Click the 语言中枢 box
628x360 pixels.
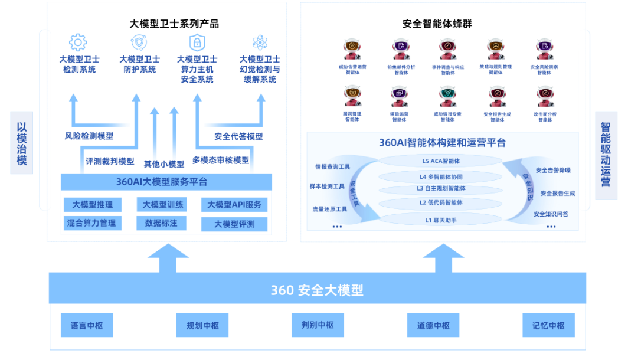pyautogui.click(x=87, y=325)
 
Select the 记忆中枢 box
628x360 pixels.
pyautogui.click(x=548, y=325)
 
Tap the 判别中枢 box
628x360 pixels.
pyautogui.click(x=318, y=325)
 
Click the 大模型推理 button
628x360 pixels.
pyautogui.click(x=93, y=205)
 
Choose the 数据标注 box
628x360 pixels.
pyautogui.click(x=161, y=223)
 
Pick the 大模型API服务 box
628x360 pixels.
pyautogui.click(x=234, y=205)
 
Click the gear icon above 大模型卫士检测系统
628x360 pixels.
pyautogui.click(x=78, y=42)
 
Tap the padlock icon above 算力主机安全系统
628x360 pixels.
pyautogui.click(x=197, y=42)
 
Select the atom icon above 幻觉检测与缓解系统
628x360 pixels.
pyautogui.click(x=260, y=42)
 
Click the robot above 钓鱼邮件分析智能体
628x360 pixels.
pyautogui.click(x=401, y=50)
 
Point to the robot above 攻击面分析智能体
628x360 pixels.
pyautogui.click(x=545, y=97)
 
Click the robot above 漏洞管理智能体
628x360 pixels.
pyautogui.click(x=352, y=97)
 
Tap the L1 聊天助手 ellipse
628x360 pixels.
pyautogui.click(x=441, y=220)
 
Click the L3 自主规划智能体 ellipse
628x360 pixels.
pyautogui.click(x=441, y=189)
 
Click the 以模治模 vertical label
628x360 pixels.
pyautogui.click(x=22, y=143)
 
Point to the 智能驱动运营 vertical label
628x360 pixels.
pyautogui.click(x=606, y=154)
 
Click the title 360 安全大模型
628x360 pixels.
pyautogui.click(x=317, y=290)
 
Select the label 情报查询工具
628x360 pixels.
pyautogui.click(x=333, y=166)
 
